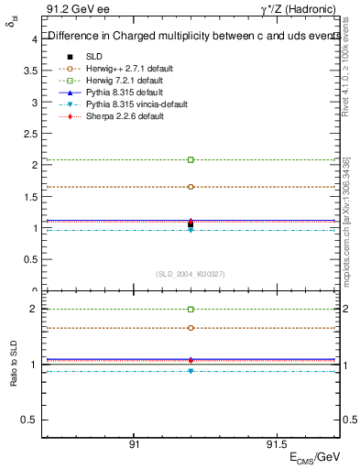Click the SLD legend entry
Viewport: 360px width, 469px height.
pos(94,56)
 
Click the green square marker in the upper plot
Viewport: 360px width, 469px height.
pos(191,159)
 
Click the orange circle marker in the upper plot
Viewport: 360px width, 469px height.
pos(191,187)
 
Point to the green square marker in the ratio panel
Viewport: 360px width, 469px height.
pos(191,310)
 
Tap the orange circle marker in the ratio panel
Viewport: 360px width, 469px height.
pos(191,328)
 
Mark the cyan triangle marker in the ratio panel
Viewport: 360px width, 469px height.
pos(191,371)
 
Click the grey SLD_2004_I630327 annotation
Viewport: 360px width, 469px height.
pos(191,274)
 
